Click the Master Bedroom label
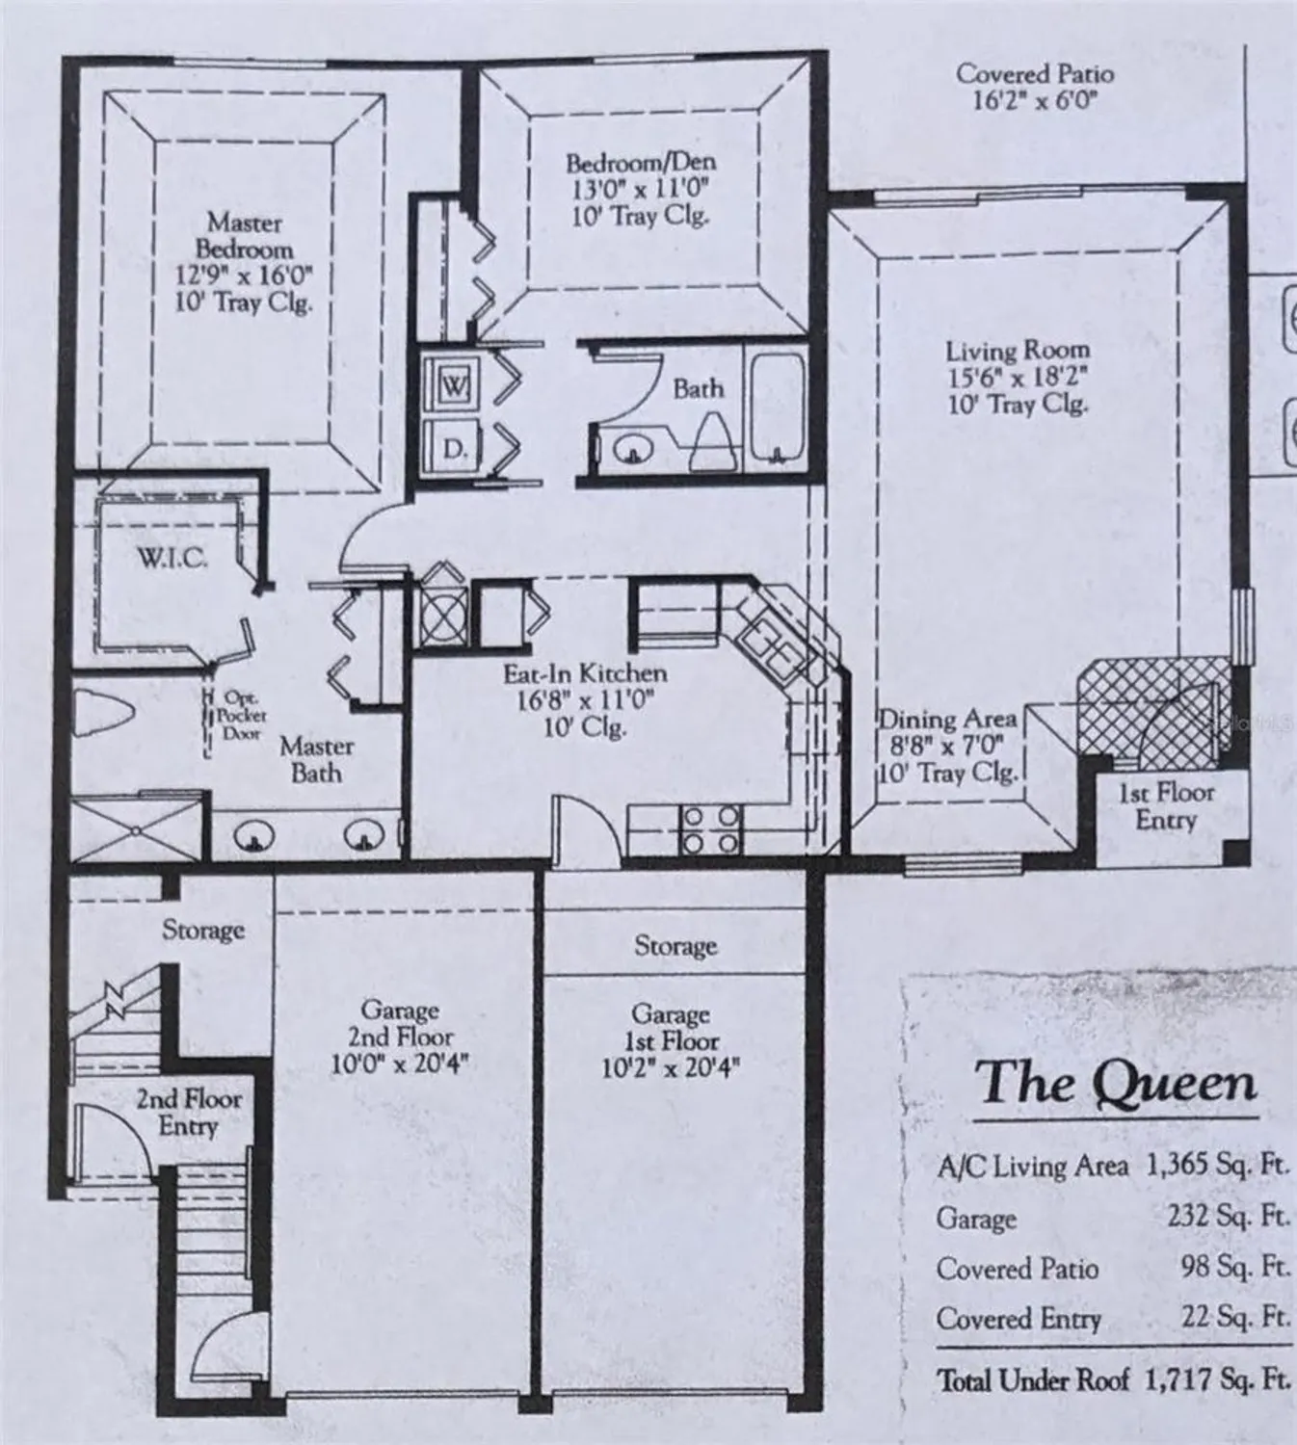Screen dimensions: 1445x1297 245,235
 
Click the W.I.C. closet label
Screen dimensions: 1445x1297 172,558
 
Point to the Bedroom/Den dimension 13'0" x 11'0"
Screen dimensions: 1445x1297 640,189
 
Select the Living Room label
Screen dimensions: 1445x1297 1017,351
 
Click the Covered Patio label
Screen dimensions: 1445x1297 1035,74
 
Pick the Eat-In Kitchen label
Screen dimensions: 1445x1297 585,673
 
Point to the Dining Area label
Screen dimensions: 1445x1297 947,720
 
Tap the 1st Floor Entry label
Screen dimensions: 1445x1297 1166,806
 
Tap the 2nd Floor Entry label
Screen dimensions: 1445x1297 188,1112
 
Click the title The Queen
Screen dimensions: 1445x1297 1116,1083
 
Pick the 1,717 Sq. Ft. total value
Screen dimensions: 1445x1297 1216,1379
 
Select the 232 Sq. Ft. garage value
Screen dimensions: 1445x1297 1228,1217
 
